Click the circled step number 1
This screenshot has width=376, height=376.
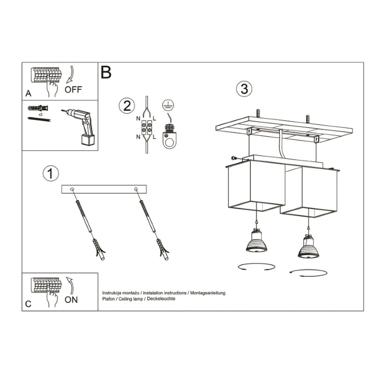pos(51,173)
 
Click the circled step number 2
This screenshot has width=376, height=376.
pos(125,106)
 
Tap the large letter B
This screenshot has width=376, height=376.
pos(106,73)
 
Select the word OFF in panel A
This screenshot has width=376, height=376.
pos(74,89)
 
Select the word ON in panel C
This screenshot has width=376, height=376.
pos(72,300)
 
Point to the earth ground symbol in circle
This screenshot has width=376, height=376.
pos(168,104)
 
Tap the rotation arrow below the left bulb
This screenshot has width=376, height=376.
pos(256,267)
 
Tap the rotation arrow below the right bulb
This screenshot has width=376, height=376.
pos(308,272)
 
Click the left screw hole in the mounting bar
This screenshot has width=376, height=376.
pos(73,189)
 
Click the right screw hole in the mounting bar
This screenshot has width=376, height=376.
pos(136,189)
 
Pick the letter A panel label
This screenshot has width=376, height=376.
pos(28,94)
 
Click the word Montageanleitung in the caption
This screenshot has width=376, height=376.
pos(205,293)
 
